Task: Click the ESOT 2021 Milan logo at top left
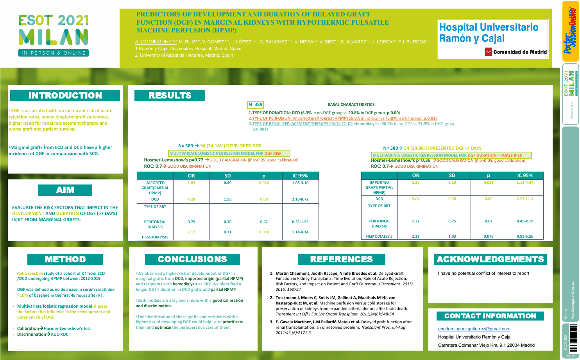click(x=54, y=36)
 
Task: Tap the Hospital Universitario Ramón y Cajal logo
click(x=492, y=39)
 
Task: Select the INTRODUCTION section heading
click(x=65, y=95)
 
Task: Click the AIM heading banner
click(x=65, y=190)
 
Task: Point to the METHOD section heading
click(x=65, y=259)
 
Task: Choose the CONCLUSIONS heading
click(x=192, y=259)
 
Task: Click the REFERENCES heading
click(x=341, y=259)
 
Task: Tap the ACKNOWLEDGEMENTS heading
click(x=490, y=259)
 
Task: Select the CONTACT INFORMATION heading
click(x=490, y=316)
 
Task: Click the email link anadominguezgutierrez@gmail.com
click(x=474, y=329)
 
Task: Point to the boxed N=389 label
click(x=255, y=104)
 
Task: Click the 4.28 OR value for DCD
click(x=191, y=199)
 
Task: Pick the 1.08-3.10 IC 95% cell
click(x=300, y=183)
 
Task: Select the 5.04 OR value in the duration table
click(x=415, y=199)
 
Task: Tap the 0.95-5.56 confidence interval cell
click(x=525, y=236)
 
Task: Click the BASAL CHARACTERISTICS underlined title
click(x=351, y=105)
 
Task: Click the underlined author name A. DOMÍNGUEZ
click(x=153, y=42)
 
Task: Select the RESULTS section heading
click(x=170, y=95)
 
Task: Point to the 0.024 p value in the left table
click(x=264, y=183)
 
